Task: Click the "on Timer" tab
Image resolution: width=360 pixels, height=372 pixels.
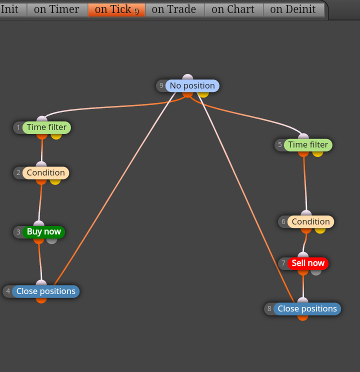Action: (x=57, y=9)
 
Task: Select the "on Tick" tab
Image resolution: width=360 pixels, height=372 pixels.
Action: (x=116, y=9)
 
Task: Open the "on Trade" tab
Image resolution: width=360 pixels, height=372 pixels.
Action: (x=175, y=9)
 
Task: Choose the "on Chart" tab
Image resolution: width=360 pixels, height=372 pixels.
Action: (x=234, y=9)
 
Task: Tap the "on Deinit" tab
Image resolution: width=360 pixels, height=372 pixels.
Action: (x=294, y=9)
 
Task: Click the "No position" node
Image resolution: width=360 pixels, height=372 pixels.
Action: (x=192, y=85)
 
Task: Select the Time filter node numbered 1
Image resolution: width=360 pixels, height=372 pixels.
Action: (x=46, y=127)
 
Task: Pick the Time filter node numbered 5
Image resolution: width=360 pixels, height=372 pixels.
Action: (x=308, y=144)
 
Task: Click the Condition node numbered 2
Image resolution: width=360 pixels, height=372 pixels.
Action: (x=46, y=172)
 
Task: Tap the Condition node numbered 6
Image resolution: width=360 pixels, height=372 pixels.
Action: (x=310, y=221)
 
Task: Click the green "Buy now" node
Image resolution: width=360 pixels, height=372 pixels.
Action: (x=43, y=232)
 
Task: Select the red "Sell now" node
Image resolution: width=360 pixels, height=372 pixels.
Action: (x=308, y=263)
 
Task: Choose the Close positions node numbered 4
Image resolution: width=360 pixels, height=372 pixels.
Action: (x=46, y=291)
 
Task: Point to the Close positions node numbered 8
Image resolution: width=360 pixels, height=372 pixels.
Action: (x=307, y=309)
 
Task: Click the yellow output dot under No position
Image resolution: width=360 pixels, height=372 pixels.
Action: (x=203, y=94)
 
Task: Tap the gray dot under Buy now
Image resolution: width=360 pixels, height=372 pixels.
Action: (x=51, y=241)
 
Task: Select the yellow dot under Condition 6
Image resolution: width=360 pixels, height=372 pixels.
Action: (x=320, y=230)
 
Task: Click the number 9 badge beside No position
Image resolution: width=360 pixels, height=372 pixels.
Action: (x=161, y=85)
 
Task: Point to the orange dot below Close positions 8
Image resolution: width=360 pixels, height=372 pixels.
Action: (x=302, y=318)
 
